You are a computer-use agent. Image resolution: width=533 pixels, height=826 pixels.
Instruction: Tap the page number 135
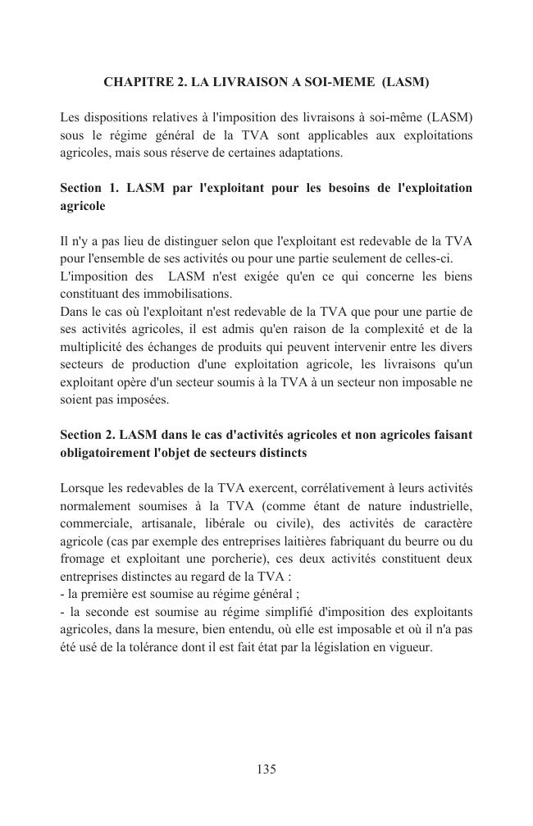coord(266,769)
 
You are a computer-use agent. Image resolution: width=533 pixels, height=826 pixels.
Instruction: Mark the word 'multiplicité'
coord(92,347)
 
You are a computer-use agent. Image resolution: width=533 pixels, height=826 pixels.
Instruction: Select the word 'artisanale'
coord(164,524)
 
